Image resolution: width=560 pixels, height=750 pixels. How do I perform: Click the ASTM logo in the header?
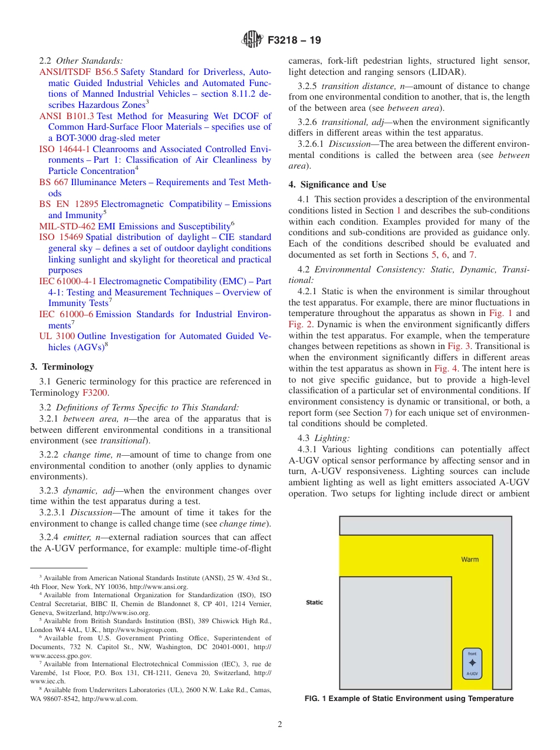[x=252, y=40]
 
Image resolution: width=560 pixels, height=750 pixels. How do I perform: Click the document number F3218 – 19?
[x=294, y=41]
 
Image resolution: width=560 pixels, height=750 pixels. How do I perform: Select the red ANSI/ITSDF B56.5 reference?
[x=78, y=72]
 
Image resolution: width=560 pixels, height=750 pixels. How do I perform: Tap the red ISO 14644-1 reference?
[x=65, y=149]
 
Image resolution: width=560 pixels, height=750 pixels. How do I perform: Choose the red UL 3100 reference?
[x=57, y=336]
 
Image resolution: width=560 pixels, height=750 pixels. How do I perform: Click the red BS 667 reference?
[x=54, y=182]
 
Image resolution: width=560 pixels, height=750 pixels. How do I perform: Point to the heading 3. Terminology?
[x=62, y=367]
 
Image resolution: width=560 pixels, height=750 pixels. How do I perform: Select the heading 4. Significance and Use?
[x=337, y=185]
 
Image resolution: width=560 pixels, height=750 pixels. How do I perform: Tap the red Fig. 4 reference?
[x=446, y=368]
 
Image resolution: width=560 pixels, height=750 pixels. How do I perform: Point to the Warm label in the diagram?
[x=470, y=559]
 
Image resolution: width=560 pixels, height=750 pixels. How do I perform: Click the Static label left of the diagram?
[x=315, y=603]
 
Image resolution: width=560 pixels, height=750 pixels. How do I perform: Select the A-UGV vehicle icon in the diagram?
[x=472, y=664]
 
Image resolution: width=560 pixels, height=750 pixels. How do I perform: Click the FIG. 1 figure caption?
[x=409, y=699]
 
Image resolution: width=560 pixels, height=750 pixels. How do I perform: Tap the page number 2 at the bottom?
[x=280, y=725]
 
